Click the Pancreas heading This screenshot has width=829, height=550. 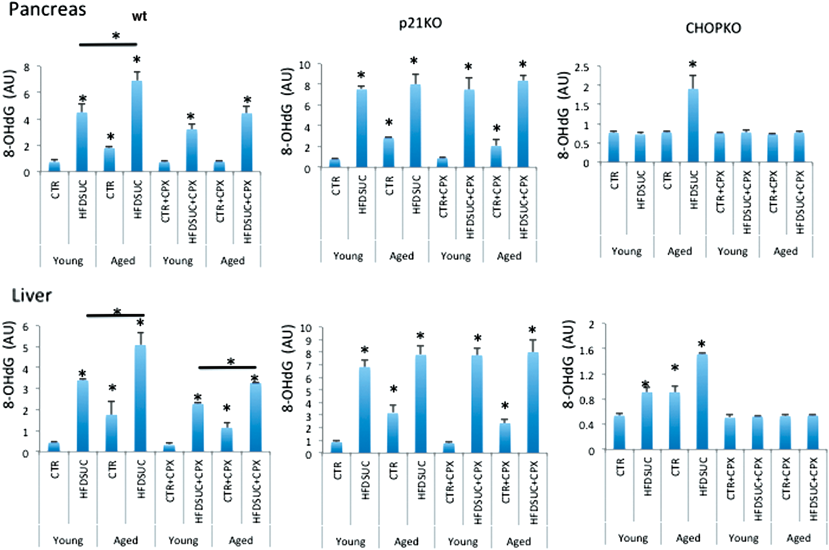[48, 9]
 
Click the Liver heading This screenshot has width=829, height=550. [32, 296]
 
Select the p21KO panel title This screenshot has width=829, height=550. [420, 23]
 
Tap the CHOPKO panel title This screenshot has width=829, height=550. [713, 28]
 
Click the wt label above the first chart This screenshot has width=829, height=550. [139, 16]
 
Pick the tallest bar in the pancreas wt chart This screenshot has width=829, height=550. [137, 126]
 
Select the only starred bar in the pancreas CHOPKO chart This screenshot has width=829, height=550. [693, 126]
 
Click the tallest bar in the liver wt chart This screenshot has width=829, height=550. [140, 398]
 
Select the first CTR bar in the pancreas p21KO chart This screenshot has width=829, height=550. [335, 163]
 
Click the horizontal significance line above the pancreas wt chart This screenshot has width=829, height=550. [108, 44]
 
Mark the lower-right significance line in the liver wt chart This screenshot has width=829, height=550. [227, 367]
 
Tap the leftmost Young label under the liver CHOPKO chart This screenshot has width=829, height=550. [633, 538]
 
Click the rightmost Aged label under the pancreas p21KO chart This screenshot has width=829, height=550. [509, 256]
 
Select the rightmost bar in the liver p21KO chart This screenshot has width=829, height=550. [533, 402]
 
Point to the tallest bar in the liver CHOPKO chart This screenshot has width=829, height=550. [702, 402]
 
